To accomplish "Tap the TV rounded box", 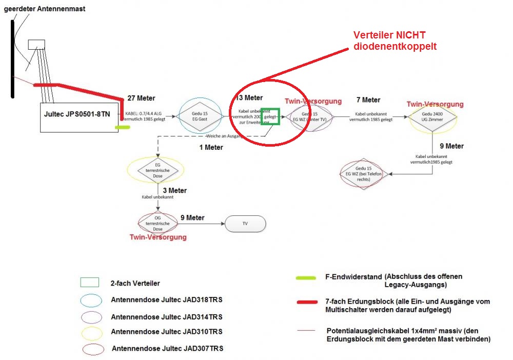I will [x=245, y=224].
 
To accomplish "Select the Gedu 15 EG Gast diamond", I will [x=199, y=116].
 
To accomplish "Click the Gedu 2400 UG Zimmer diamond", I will [x=432, y=117].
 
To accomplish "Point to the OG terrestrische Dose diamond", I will [x=157, y=222].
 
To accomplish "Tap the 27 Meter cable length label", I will [x=141, y=98].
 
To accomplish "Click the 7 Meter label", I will [x=368, y=99].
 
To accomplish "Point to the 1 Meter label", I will [x=211, y=147].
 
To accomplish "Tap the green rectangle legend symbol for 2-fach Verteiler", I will [x=89, y=283].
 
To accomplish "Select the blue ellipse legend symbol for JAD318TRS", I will [x=91, y=299].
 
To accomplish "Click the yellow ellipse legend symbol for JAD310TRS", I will [x=91, y=332].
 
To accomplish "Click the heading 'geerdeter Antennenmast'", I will [x=45, y=9].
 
